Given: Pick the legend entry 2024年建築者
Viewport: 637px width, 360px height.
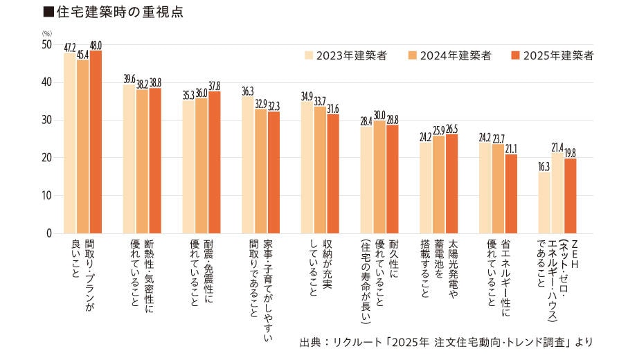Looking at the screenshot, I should click(x=449, y=56).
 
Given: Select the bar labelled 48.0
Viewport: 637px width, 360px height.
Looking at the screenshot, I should click(x=96, y=142).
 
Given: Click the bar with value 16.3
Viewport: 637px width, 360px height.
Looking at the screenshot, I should click(x=545, y=203).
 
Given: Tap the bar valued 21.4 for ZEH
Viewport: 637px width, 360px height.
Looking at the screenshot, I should click(x=558, y=193).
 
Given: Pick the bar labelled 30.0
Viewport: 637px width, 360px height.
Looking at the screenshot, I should click(x=379, y=177).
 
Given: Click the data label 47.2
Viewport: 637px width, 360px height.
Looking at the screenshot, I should click(x=70, y=48).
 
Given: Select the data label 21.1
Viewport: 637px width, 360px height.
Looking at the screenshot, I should click(x=511, y=147).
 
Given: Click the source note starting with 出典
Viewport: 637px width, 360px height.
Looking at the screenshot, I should click(x=447, y=342).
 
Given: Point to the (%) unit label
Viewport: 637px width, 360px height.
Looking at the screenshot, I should click(x=46, y=33).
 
